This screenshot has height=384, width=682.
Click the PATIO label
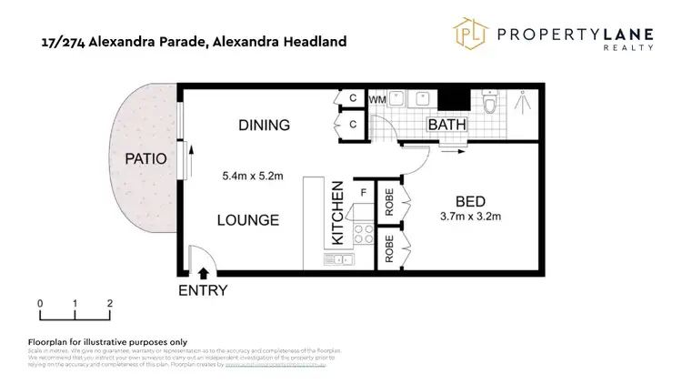click(145, 158)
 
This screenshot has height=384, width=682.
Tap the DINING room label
click(264, 126)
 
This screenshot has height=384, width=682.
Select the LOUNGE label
click(247, 219)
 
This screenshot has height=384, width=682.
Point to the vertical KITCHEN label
click(336, 214)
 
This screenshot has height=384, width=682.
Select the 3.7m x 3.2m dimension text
click(471, 217)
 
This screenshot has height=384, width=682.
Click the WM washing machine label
click(377, 98)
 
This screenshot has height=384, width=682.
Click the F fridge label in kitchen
click(364, 192)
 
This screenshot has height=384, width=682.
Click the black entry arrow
click(203, 270)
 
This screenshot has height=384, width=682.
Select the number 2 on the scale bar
click(109, 304)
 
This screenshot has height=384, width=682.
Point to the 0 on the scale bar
click(40, 304)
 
